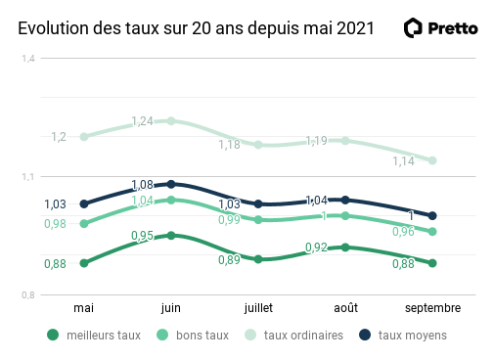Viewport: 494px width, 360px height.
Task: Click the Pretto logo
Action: (x=441, y=28)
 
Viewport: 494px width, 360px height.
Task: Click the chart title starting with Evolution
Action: (x=196, y=28)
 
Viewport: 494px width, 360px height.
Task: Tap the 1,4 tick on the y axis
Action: (x=28, y=59)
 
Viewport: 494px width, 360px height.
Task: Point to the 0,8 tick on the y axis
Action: (x=28, y=295)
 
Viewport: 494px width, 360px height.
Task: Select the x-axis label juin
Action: (x=171, y=308)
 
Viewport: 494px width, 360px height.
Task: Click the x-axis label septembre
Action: (x=432, y=308)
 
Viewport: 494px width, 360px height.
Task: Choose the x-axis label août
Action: (x=345, y=308)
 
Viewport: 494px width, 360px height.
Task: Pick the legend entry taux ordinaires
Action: (x=293, y=335)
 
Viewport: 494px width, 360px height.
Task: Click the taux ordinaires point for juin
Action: (x=171, y=121)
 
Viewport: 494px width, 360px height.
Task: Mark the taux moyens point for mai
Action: (x=84, y=204)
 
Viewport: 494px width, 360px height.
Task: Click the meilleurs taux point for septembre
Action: (x=432, y=263)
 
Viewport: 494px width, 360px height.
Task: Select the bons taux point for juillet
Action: (x=258, y=220)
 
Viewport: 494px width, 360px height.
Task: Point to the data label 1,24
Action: (x=143, y=121)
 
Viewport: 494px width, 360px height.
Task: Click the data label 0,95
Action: (x=143, y=236)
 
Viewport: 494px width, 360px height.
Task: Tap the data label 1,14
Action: (x=403, y=161)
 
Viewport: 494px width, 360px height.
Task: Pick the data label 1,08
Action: (x=143, y=185)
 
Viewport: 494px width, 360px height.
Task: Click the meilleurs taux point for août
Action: (x=345, y=247)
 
